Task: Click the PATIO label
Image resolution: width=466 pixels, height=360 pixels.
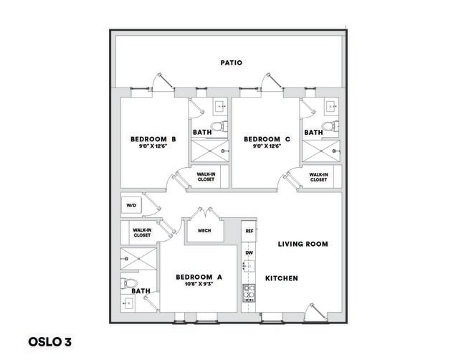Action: [x=232, y=63]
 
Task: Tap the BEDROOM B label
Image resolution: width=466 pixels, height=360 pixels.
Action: [x=153, y=139]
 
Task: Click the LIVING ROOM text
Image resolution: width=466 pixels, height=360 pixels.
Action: [x=303, y=244]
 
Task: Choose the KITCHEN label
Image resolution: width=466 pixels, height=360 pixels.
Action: [x=282, y=278]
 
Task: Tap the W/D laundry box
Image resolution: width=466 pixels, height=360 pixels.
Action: [x=132, y=206]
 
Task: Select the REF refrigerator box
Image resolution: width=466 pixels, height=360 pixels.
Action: [x=249, y=231]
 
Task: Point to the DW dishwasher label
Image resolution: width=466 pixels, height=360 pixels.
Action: [x=249, y=253]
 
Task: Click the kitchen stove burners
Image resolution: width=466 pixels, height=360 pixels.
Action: [x=249, y=291]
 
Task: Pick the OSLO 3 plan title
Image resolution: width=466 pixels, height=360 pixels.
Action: [x=50, y=341]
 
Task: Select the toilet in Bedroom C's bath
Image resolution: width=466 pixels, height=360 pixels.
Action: [x=330, y=127]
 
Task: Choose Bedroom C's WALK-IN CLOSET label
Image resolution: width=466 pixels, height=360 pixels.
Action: [x=319, y=176]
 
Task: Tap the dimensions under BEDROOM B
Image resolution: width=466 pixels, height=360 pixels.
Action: [x=153, y=147]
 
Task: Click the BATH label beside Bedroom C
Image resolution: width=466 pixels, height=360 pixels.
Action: [x=313, y=133]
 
